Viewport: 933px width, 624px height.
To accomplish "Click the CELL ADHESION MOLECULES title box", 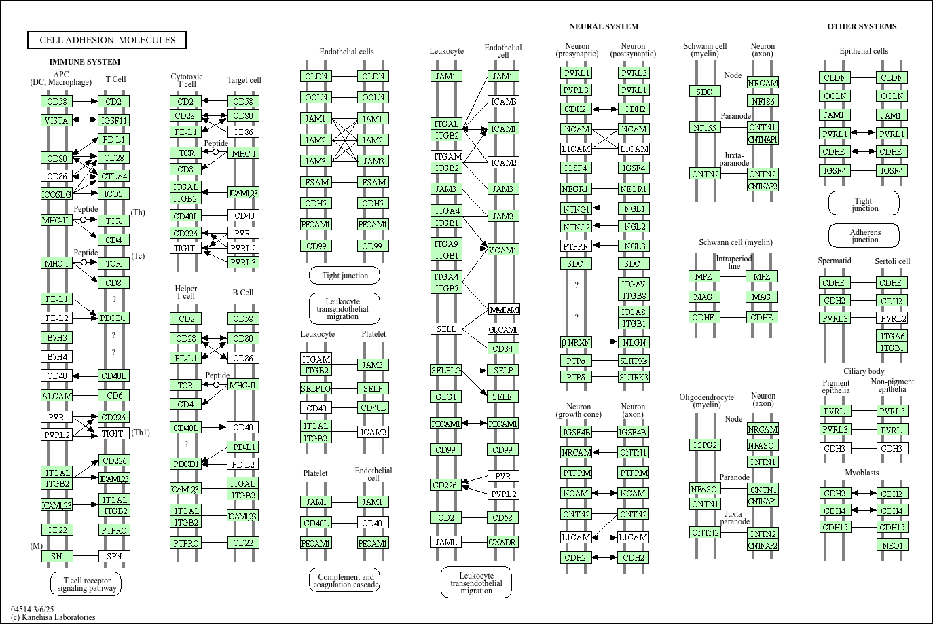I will click(107, 40).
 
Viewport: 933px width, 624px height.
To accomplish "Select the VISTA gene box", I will click(56, 120).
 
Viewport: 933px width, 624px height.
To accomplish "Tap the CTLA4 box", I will click(113, 176).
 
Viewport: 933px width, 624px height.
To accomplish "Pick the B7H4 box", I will click(57, 356).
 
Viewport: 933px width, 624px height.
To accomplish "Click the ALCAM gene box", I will click(57, 396).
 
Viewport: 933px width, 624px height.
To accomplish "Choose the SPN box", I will click(114, 556).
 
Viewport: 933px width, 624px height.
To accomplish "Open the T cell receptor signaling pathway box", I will click(86, 584).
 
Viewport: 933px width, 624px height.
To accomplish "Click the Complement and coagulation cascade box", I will click(345, 581).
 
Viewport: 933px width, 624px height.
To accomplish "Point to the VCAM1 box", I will click(502, 250).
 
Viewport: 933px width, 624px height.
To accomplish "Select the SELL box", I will click(446, 329).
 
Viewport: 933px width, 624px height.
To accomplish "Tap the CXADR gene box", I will click(502, 542).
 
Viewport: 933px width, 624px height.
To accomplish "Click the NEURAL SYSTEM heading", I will click(604, 26).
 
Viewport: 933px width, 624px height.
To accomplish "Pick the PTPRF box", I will click(576, 246).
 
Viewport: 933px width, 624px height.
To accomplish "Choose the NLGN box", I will click(634, 342).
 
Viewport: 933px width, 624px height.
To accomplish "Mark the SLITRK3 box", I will click(634, 377).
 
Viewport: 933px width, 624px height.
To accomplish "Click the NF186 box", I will click(763, 101).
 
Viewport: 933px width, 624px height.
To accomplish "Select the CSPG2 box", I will click(705, 445).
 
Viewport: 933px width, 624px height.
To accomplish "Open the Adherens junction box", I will click(864, 236).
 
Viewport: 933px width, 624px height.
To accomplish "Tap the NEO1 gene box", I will click(892, 545).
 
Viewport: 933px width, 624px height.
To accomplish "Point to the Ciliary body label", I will click(864, 371).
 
